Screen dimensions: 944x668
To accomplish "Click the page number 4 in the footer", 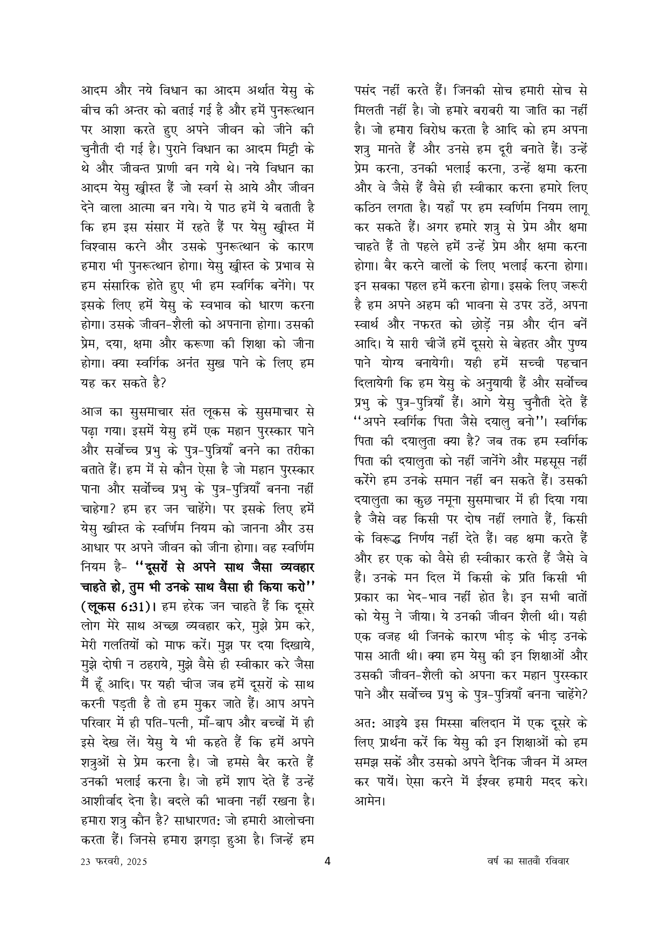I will click(x=328, y=860).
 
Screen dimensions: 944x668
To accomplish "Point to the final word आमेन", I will click(x=369, y=800).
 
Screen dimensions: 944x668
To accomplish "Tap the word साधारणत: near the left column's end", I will click(x=202, y=821).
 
